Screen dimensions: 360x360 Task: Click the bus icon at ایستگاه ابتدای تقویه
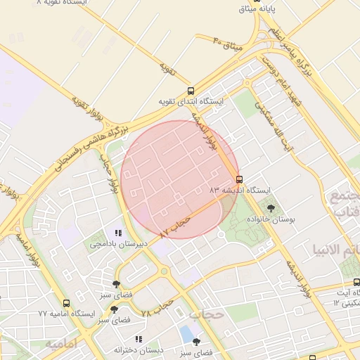tap(191, 91)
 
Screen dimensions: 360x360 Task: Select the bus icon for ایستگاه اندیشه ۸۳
tap(239, 179)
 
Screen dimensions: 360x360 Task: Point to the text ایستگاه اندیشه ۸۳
tap(239, 190)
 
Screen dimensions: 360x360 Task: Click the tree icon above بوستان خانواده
tap(271, 208)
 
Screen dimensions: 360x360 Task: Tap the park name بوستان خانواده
tap(271, 220)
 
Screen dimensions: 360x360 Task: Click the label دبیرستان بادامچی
tap(117, 244)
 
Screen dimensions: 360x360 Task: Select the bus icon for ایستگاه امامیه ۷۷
tap(66, 303)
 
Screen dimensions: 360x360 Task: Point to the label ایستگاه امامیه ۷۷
tap(67, 314)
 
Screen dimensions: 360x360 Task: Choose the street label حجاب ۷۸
tap(157, 308)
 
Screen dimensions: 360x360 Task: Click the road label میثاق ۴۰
tap(228, 44)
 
